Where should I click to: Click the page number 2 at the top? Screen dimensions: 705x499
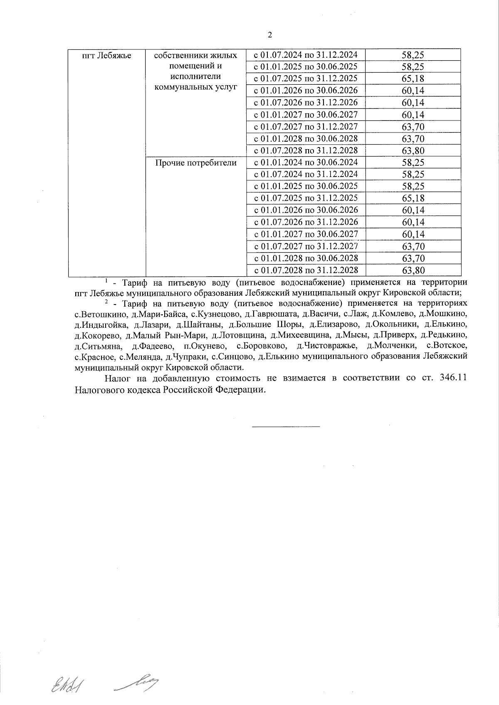pos(269,35)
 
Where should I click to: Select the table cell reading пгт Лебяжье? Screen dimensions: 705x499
pos(107,56)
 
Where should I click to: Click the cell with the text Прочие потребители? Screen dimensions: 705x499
pos(196,163)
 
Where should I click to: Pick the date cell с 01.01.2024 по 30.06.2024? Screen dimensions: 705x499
pos(306,162)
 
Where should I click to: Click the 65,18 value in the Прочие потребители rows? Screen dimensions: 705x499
pos(413,198)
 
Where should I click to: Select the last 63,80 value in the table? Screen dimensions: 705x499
pos(413,271)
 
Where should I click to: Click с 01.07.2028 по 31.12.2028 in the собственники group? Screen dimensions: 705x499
pos(306,150)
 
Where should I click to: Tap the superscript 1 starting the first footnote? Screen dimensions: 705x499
pos(106,280)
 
